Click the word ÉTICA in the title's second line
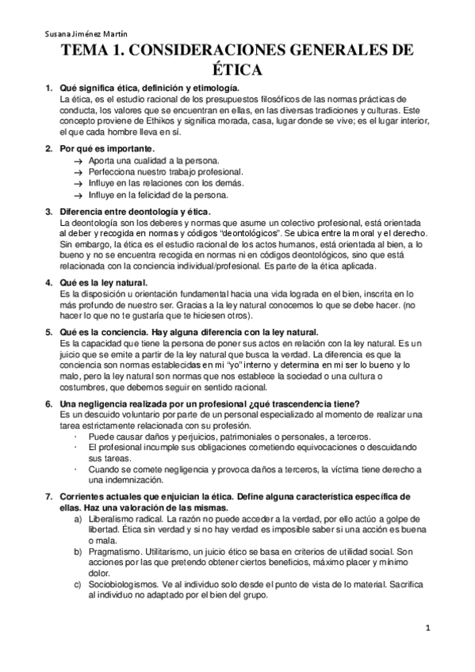[x=237, y=70]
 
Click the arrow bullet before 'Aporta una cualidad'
[x=78, y=161]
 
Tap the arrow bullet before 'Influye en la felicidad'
[x=78, y=194]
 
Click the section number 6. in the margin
[x=49, y=404]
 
